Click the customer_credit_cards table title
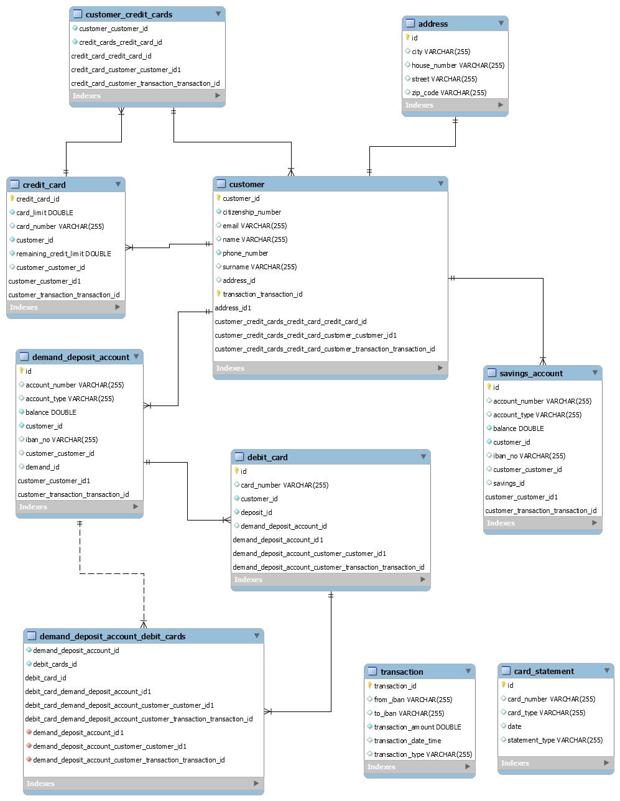point(129,14)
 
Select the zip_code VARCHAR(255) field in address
point(448,93)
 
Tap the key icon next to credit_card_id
point(12,199)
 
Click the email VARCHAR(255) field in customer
point(254,226)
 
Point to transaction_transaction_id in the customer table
point(262,294)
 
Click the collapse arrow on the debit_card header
point(423,456)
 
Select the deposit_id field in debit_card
point(256,512)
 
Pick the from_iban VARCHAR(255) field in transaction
point(413,700)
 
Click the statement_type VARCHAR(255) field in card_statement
point(555,740)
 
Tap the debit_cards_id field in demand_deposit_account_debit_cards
point(55,664)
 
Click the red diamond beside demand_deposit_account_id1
point(29,733)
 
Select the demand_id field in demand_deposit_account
point(42,467)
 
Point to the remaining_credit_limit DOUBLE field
point(63,254)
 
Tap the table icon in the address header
point(410,24)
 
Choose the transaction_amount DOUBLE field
point(417,727)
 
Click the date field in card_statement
point(514,726)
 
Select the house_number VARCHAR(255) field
point(458,65)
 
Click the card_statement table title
point(544,671)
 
